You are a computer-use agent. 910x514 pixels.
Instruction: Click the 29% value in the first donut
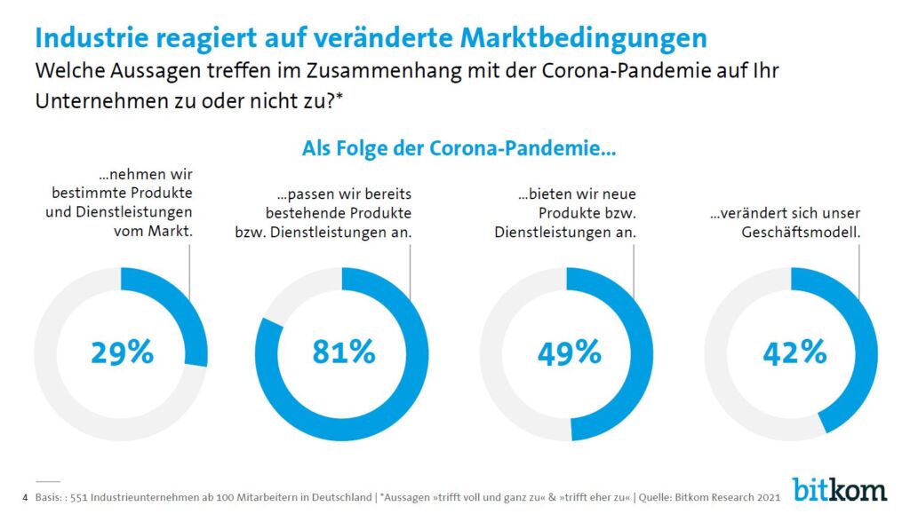[122, 352]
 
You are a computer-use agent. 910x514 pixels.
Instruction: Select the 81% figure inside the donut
[344, 352]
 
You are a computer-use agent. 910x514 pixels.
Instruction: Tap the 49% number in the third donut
[569, 352]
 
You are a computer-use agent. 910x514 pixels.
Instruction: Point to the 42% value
[794, 352]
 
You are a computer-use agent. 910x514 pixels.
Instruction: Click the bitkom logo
[839, 488]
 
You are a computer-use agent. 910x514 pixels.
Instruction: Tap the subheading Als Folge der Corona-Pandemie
[459, 149]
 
